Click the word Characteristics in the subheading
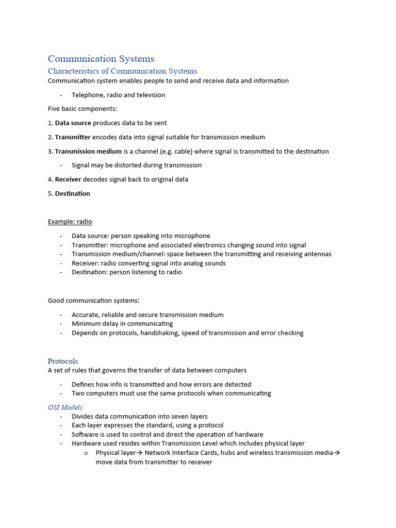coord(78,71)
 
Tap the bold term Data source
coord(73,123)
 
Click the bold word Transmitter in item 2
coord(73,137)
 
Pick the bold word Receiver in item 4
coord(68,179)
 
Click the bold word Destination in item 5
coord(73,194)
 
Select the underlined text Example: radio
coord(70,222)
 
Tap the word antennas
coord(317,254)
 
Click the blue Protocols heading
coord(63,361)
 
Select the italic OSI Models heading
coord(65,407)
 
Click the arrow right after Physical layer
coord(139,453)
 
